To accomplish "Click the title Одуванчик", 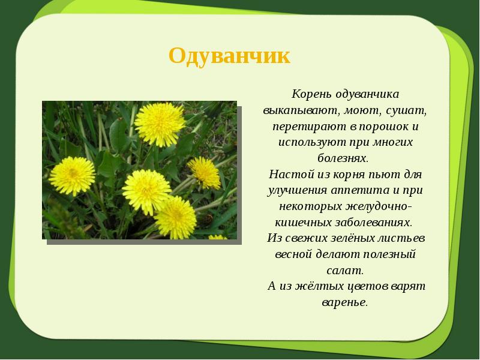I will point(229,56).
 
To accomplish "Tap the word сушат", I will point(407,112).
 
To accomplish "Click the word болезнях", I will point(344,158).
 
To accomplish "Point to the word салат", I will point(344,269).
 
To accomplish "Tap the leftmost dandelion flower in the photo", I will point(72,175).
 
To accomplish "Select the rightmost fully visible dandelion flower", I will point(205,172).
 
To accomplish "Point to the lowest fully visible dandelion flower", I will point(175,216).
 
